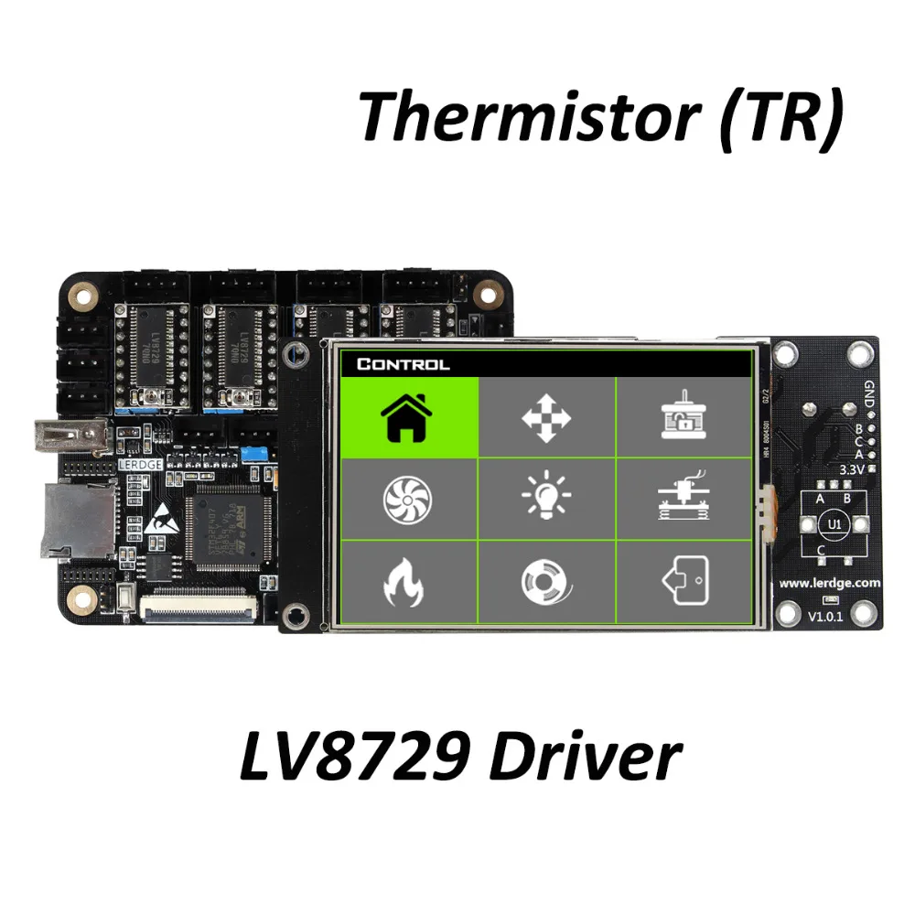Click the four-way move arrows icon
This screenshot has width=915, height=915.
[x=546, y=417]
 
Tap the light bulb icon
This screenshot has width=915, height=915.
[x=546, y=499]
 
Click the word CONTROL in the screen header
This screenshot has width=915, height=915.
[x=404, y=364]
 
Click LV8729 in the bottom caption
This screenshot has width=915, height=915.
[x=354, y=758]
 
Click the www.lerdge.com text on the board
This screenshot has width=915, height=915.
[x=830, y=582]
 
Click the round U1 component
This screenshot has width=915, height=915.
[x=832, y=524]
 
